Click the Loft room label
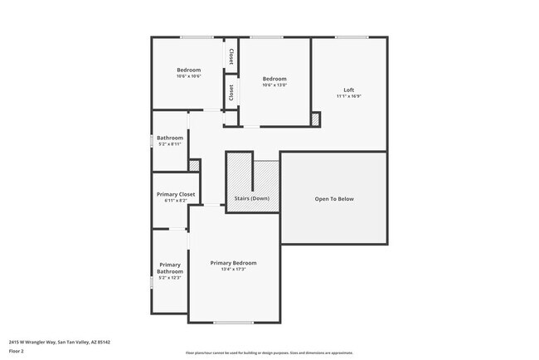click(349, 90)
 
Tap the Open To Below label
click(334, 199)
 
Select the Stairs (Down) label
click(251, 199)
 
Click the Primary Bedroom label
click(233, 263)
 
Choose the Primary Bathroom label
click(170, 268)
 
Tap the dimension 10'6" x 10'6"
click(189, 76)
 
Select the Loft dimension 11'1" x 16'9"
click(349, 96)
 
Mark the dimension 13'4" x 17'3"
click(233, 270)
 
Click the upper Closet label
click(231, 56)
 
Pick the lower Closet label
click(231, 92)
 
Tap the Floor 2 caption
click(17, 350)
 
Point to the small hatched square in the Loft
click(315, 119)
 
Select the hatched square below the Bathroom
click(194, 166)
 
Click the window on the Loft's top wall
click(352, 36)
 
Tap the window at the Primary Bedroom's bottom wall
click(233, 322)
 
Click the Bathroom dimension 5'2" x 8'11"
click(170, 144)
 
